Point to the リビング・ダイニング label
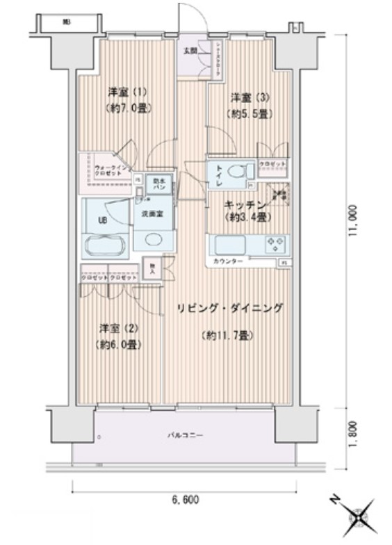[x=229, y=309]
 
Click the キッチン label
[x=246, y=206]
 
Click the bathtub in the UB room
[x=105, y=245]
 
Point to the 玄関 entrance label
[x=190, y=50]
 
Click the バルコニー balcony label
[x=184, y=435]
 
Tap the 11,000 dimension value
[x=354, y=221]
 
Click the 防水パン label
[x=159, y=184]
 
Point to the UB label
[x=102, y=221]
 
